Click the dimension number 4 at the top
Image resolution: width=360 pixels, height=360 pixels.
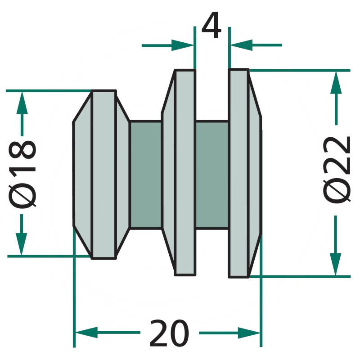(211, 27)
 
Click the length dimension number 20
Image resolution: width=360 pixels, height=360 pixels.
(169, 333)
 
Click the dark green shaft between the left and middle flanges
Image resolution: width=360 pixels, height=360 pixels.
(145, 174)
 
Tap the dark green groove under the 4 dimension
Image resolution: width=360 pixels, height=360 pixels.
(212, 174)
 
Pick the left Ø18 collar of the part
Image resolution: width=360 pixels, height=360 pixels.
(103, 174)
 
